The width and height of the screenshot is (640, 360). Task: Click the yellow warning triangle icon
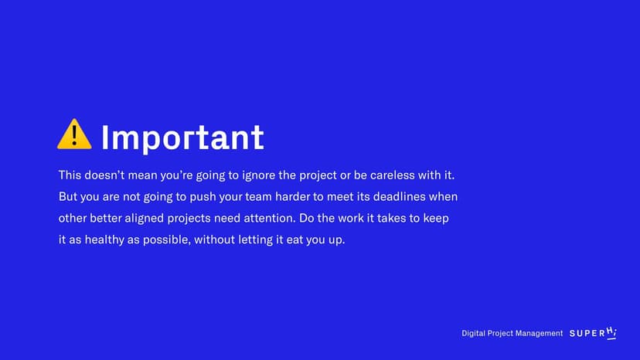coord(74,134)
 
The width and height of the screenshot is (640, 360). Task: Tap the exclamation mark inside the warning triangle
coord(74,136)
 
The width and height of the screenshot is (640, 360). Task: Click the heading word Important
coord(182,138)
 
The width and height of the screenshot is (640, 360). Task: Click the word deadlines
coord(399,197)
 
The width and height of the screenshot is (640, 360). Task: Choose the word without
coord(214,239)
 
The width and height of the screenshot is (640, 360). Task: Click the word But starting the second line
coord(68,197)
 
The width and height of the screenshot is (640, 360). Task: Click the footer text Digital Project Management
coord(512,334)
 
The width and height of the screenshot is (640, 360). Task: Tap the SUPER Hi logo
coord(593,333)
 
